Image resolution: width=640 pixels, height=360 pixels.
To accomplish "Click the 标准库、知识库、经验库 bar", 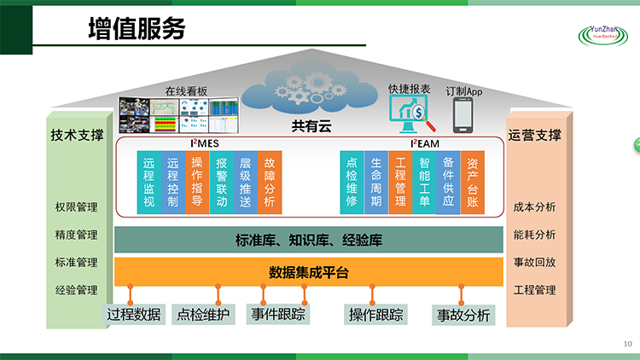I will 309,241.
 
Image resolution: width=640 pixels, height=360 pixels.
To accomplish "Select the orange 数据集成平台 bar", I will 309,273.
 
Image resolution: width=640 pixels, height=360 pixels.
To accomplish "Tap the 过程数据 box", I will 134,315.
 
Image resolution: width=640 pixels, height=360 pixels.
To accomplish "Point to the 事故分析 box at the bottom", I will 463,315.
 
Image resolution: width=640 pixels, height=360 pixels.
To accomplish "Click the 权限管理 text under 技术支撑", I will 77,207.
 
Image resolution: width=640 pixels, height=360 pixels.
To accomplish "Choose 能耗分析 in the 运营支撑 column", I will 535,235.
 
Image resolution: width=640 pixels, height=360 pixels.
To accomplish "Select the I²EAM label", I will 423,143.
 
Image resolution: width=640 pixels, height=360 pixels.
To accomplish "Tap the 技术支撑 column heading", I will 77,135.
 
